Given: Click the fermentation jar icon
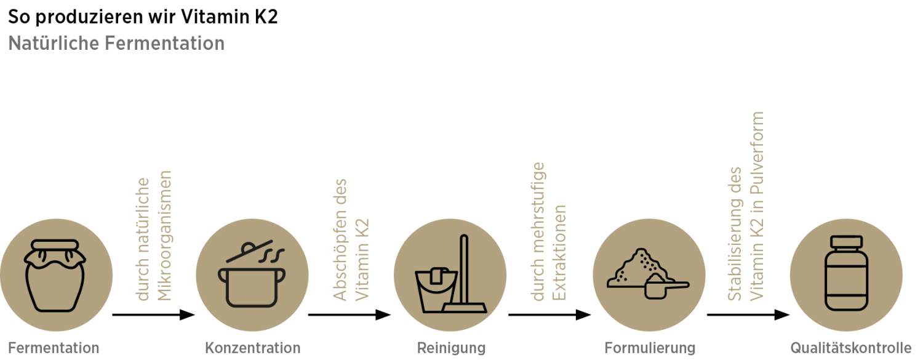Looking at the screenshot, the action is [55, 275].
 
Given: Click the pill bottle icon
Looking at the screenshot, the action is [846, 273].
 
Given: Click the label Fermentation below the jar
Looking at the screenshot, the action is [54, 348].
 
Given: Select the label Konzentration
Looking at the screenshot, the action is [252, 348].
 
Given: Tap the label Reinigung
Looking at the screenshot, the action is [451, 348].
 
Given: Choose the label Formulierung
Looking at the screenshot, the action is [650, 348].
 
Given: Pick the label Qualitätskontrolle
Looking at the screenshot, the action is [851, 348].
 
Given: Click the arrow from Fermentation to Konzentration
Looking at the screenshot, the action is [153, 315].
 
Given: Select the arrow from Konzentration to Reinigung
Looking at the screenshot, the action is [350, 315].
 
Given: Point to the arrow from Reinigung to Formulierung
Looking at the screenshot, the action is [549, 315].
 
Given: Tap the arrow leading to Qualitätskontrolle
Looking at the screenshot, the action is [748, 315].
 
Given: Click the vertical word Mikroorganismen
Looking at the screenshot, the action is [164, 236].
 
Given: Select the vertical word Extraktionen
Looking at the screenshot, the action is [559, 252].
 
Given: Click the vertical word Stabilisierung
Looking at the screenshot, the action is [735, 234].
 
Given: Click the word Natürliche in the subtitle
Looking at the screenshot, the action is [54, 43].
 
